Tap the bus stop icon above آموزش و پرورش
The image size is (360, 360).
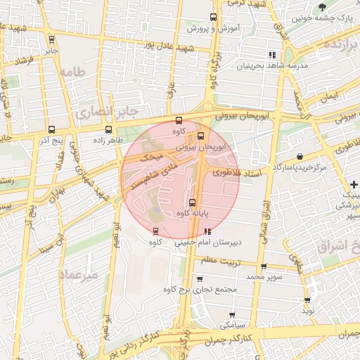214,18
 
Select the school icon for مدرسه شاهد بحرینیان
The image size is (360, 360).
271,55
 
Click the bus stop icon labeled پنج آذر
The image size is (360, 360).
51,129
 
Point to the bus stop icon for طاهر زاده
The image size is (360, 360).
108,129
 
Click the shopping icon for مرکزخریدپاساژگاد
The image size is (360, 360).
300,156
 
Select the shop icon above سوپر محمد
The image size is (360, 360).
264,266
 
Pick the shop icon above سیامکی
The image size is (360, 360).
232,315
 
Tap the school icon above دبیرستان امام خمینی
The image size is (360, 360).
207,231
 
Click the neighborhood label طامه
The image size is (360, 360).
72,72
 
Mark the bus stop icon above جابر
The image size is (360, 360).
51,39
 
